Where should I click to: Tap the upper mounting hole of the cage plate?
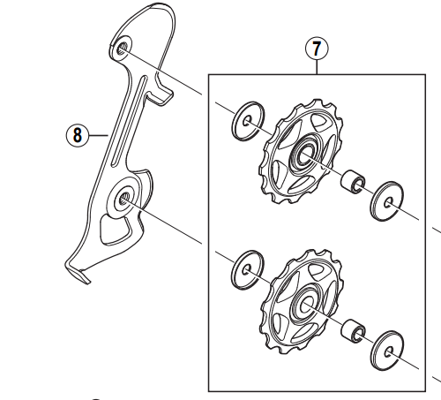tap(121, 47)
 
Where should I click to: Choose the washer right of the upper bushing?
tap(385, 199)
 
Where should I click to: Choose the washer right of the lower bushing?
tap(385, 350)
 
